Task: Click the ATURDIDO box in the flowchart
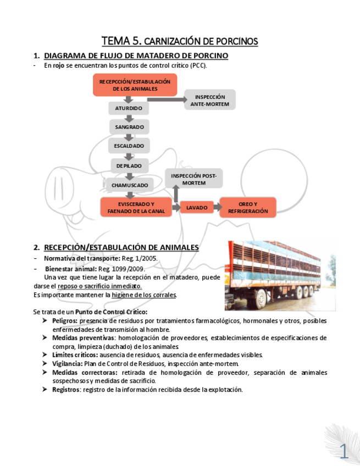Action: point(129,108)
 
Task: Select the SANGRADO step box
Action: point(129,127)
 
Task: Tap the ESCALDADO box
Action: point(129,146)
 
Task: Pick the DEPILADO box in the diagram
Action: point(129,165)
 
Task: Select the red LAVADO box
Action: point(197,208)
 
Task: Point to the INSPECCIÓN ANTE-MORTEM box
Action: point(209,100)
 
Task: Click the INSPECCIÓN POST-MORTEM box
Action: point(193,179)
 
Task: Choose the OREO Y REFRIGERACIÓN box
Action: point(248,208)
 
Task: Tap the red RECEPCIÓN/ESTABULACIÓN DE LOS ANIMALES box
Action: point(135,85)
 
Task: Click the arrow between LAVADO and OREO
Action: point(217,207)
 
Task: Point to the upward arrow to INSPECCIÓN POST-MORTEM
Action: point(176,193)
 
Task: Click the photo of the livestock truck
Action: point(280,275)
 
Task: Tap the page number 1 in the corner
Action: point(344,452)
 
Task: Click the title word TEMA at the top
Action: point(115,41)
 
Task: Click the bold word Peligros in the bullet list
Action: point(64,320)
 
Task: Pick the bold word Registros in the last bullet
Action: point(66,390)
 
